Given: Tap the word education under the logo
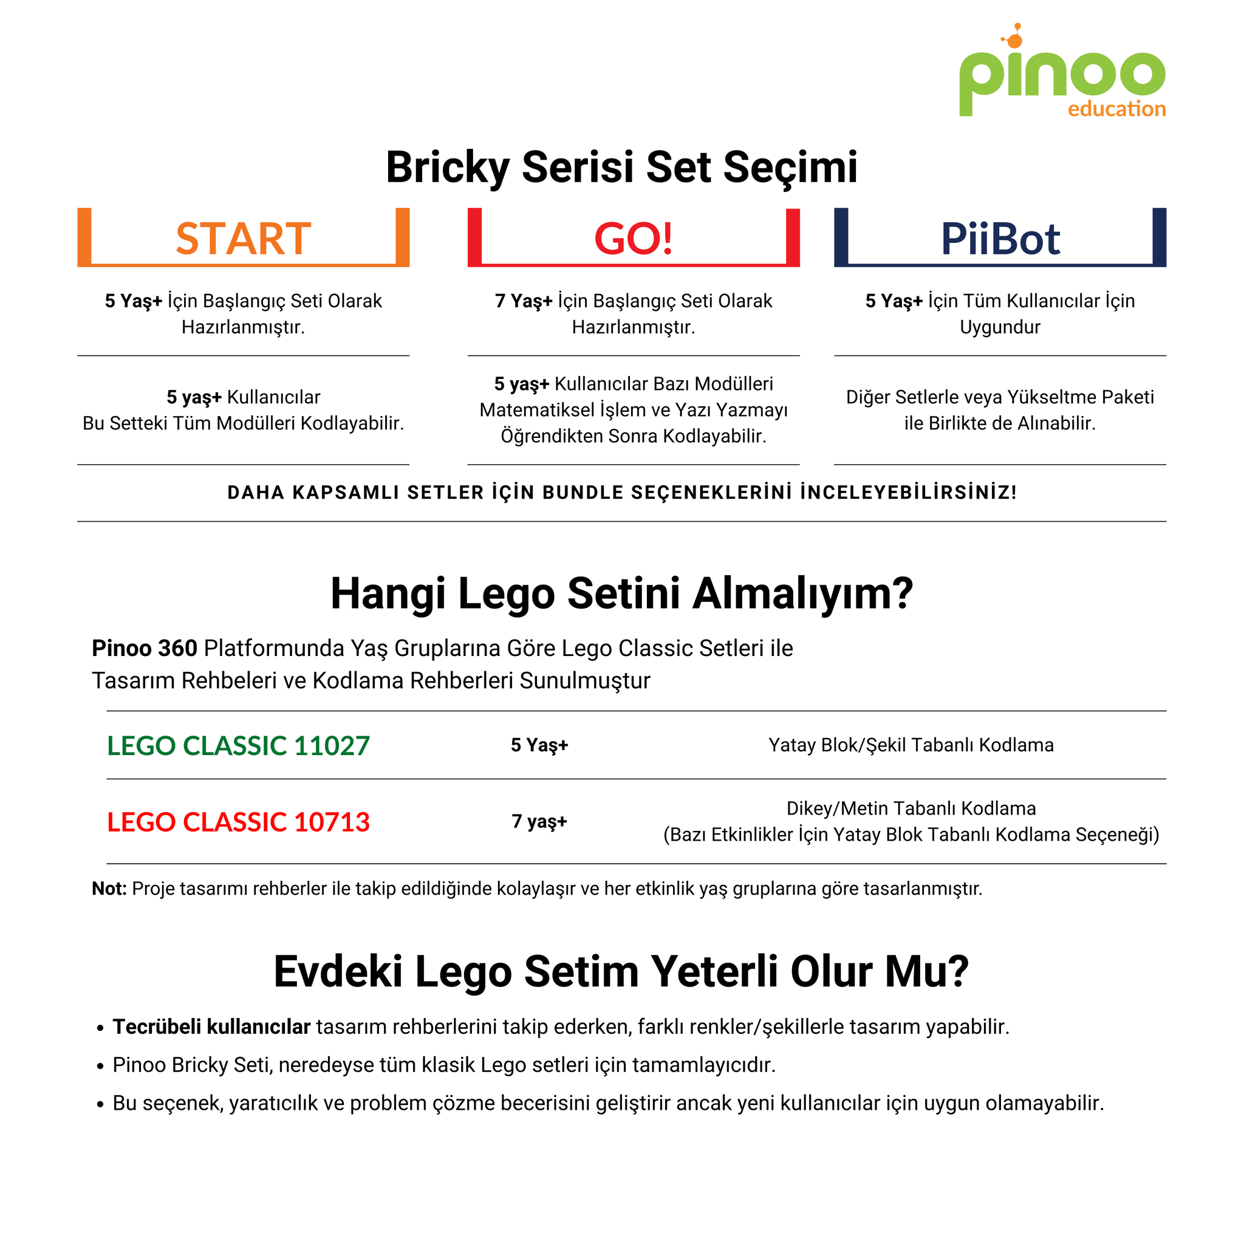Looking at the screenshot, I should click(1116, 109).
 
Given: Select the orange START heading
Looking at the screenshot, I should click(244, 239).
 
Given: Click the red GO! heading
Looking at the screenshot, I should click(633, 239).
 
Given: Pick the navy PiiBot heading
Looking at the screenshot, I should click(1000, 239).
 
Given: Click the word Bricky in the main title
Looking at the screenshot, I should click(447, 168).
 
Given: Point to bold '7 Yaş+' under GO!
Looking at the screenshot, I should click(524, 301).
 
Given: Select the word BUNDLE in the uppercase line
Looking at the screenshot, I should click(583, 493).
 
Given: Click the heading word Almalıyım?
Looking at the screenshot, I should click(802, 593).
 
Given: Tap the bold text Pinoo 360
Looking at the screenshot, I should click(144, 648).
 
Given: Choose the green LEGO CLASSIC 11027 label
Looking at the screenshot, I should click(238, 745).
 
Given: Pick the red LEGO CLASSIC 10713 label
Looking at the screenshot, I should click(238, 822).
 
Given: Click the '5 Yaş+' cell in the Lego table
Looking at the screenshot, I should click(539, 745).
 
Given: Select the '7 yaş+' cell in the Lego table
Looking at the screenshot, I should click(539, 822).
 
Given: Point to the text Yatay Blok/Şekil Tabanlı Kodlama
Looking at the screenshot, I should click(911, 745).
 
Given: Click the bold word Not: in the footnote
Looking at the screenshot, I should click(109, 889).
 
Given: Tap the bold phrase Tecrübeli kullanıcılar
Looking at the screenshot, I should click(211, 1027).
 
